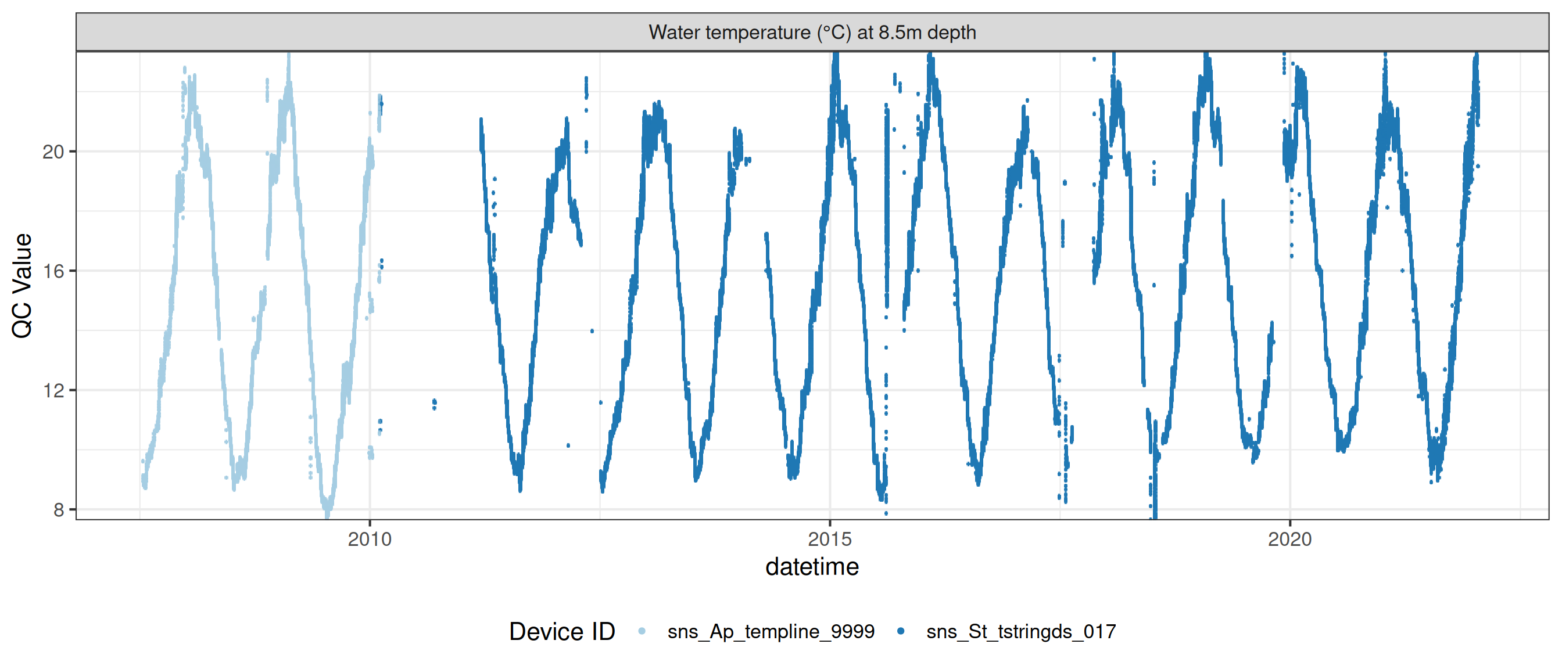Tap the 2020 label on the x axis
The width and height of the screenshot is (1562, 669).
1289,539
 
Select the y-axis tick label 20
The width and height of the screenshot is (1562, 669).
53,152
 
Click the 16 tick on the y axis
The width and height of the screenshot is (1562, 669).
53,271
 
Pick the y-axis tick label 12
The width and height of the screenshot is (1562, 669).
53,390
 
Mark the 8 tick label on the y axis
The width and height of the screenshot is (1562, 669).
59,510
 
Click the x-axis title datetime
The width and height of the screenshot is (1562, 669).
812,567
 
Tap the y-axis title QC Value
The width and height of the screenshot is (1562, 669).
23,285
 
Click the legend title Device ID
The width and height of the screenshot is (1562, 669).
561,631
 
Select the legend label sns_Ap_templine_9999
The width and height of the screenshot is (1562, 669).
771,631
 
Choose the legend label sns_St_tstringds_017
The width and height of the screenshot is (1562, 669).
1021,631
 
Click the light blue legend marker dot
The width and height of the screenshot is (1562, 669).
642,631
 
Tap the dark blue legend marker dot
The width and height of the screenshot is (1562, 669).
901,631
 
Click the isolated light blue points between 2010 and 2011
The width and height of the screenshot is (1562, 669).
434,403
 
